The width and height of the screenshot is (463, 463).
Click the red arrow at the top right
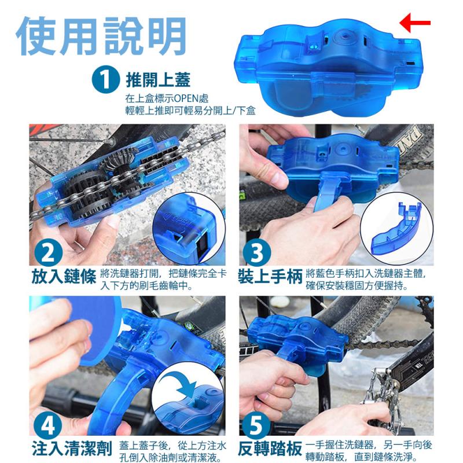(414, 23)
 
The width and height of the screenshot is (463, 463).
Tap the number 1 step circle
(105, 79)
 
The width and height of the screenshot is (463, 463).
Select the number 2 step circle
(48, 253)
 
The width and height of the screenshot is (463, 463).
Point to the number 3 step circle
(256, 253)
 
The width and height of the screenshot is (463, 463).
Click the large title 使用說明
(101, 36)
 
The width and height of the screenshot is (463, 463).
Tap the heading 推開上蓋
(158, 80)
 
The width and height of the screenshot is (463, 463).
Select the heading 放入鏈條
(64, 277)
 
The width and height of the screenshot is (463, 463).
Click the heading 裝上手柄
(270, 277)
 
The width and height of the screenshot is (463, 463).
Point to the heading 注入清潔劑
(72, 449)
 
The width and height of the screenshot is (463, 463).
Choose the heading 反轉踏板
(270, 449)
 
